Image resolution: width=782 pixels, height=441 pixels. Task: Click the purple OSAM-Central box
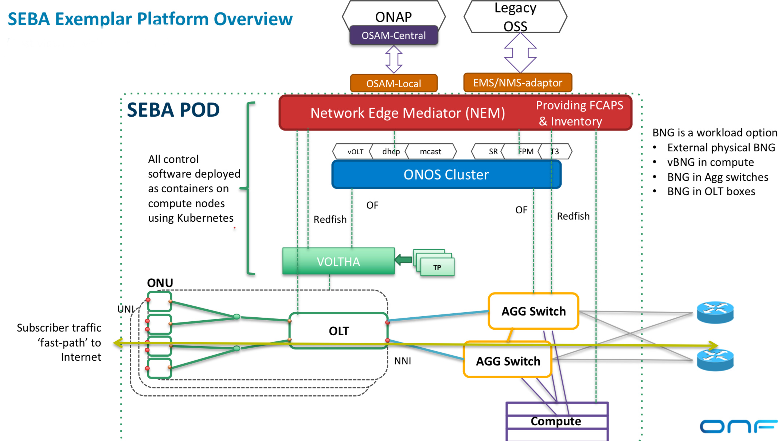[x=394, y=35]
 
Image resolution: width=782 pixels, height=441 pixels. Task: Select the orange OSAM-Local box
[x=394, y=84]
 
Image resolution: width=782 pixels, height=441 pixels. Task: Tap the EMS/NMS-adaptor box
[x=517, y=83]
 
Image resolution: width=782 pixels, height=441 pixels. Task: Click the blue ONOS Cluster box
[x=446, y=175]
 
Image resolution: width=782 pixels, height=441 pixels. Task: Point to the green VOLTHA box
[x=338, y=262]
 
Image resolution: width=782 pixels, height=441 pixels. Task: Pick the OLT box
[x=339, y=331]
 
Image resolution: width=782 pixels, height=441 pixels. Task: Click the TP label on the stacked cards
[x=437, y=267]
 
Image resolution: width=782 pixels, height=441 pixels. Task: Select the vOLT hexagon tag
[x=355, y=152]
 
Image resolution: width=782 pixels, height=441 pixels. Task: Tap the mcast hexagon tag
[x=430, y=152]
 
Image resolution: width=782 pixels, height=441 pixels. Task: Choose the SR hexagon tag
[x=493, y=152]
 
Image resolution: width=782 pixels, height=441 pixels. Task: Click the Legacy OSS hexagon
[x=515, y=17]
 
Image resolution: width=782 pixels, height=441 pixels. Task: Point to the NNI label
[x=402, y=361]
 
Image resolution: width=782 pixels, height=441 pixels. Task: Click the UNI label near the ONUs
[x=126, y=309]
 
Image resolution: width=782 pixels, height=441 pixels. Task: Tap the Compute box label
[x=556, y=421]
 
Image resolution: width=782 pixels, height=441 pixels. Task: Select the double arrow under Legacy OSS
[x=520, y=53]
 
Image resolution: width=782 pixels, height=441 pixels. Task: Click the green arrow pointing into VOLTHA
[x=404, y=260]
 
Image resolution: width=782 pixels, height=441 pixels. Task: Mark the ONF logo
[x=738, y=426]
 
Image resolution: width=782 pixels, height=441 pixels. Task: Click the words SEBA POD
[x=173, y=110]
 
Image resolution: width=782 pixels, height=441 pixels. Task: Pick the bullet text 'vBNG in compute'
[x=710, y=162]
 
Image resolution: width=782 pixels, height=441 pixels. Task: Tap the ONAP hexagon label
[x=394, y=16]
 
